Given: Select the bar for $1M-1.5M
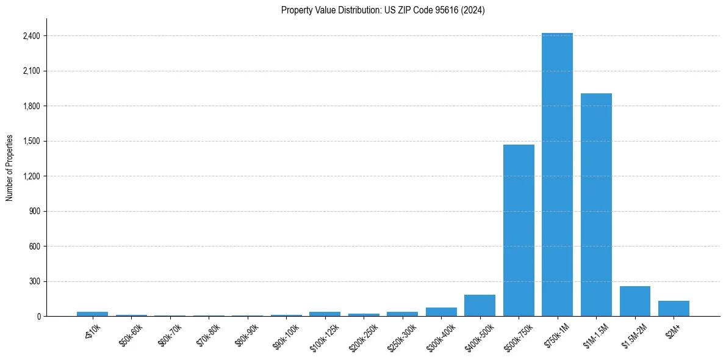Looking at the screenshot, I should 596,205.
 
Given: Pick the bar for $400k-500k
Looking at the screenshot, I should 480,306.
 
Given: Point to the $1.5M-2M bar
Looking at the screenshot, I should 634,301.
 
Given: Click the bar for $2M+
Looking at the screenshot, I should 674,309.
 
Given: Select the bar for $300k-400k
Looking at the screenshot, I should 441,312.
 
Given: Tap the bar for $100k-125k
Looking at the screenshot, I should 325,314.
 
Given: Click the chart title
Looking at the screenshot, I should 383,10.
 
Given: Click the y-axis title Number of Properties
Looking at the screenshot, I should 10,168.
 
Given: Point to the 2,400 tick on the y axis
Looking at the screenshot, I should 31,36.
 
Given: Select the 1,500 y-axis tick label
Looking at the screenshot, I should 31,142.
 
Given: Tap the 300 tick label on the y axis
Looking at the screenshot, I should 34,282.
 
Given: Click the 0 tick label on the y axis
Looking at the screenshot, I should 38,317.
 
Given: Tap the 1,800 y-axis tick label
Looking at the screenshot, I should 31,106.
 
